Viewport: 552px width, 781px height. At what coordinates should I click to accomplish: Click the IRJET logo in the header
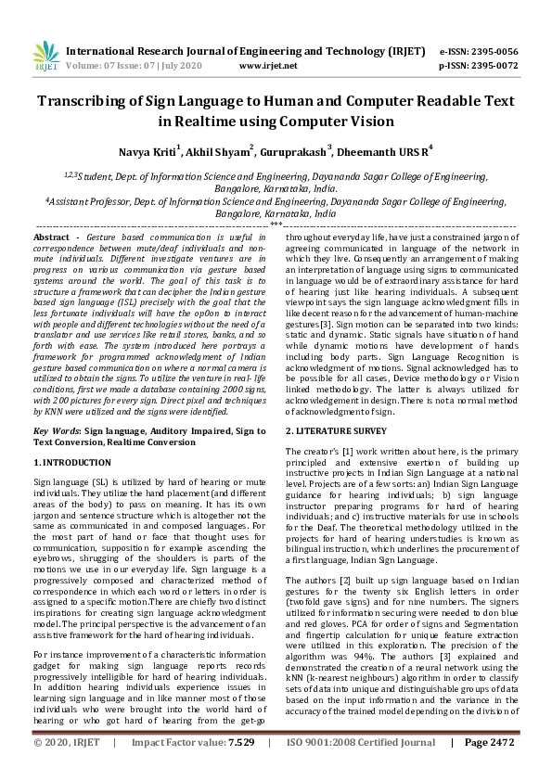coord(44,57)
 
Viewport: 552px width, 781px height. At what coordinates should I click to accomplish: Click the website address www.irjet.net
coord(267,66)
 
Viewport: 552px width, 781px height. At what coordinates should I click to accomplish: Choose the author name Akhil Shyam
coord(217,152)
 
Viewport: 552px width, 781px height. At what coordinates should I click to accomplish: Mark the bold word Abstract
coord(55,238)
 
